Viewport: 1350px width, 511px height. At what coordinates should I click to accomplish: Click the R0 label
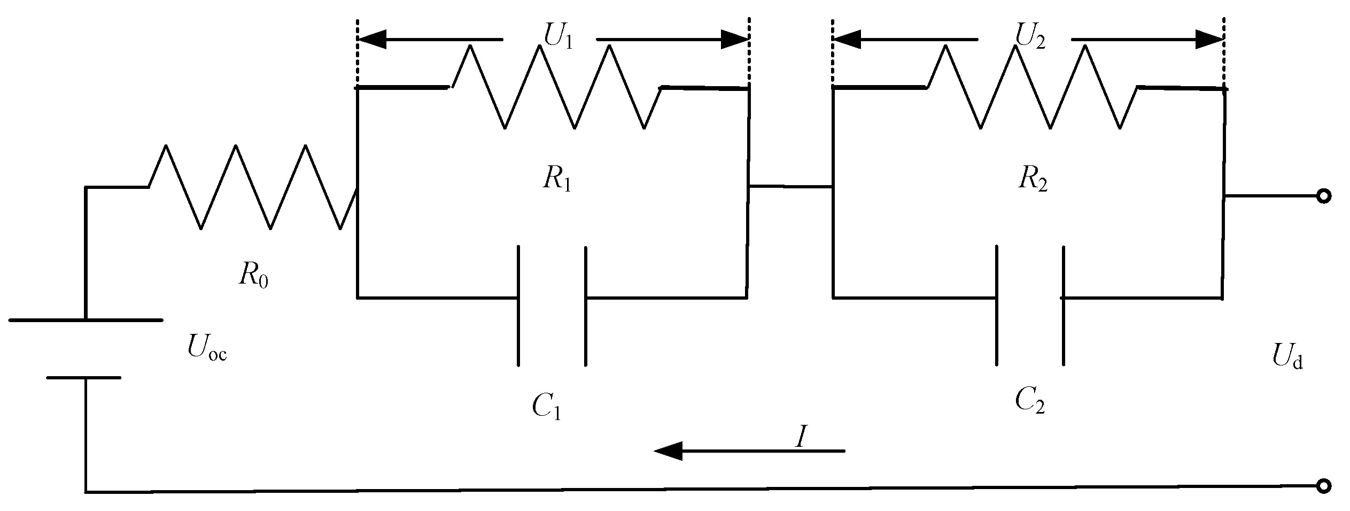(x=253, y=276)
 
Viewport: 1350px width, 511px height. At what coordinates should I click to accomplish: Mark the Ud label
(x=1287, y=357)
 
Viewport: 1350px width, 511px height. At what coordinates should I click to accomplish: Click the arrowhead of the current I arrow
(x=668, y=451)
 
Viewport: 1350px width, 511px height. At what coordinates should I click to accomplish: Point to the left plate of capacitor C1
(x=518, y=306)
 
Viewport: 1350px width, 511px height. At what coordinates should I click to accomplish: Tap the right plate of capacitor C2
(x=1063, y=306)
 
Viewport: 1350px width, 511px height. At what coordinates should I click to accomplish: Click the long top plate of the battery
(x=86, y=320)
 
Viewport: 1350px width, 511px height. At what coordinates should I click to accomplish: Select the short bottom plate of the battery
(x=84, y=378)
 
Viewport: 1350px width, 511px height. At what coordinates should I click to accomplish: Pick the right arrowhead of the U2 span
(x=1209, y=39)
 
